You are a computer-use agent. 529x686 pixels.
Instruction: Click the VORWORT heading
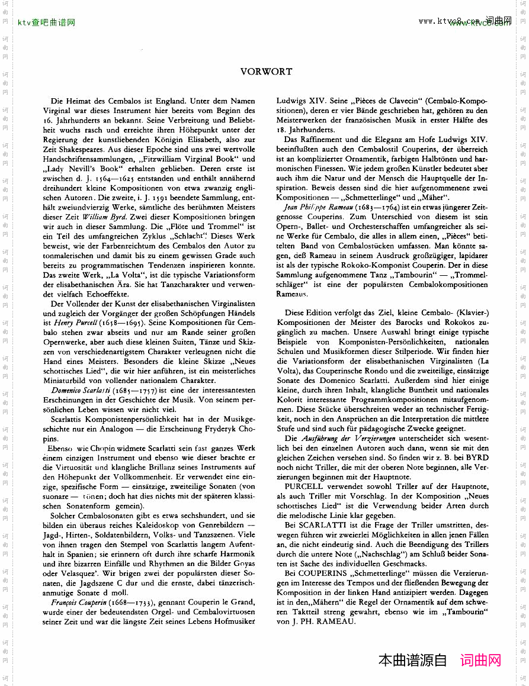pos(266,72)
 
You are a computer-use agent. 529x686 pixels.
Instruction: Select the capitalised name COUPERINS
pos(323,574)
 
